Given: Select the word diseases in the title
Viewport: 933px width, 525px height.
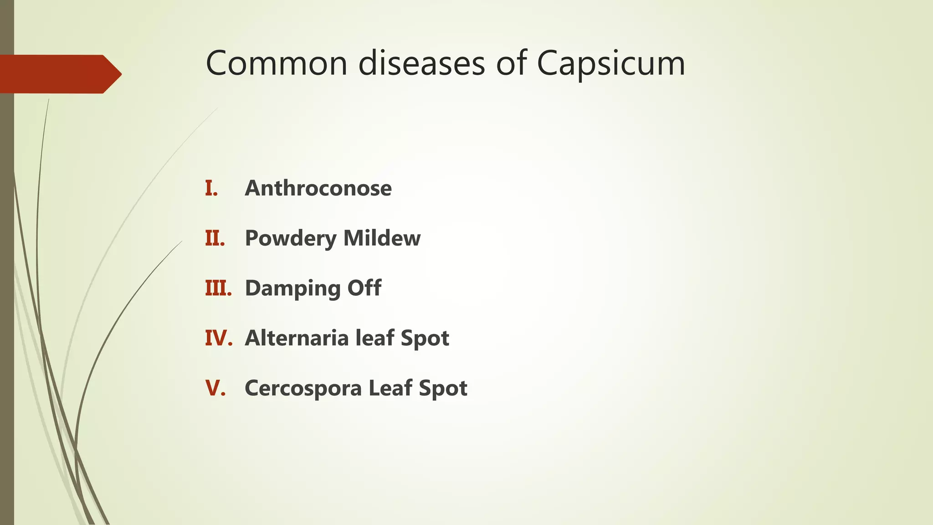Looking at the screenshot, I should [421, 63].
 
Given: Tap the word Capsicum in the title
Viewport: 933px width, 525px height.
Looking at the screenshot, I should [610, 64].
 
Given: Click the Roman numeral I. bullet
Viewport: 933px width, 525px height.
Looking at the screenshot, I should [211, 188].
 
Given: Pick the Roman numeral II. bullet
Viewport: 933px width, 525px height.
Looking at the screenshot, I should [215, 238].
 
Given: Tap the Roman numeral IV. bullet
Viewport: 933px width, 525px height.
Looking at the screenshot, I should [219, 338].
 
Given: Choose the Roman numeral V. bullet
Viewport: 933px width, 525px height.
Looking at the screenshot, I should [215, 388].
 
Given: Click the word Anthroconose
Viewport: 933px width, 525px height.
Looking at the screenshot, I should [318, 188].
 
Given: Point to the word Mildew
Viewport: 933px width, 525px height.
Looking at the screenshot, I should [382, 238].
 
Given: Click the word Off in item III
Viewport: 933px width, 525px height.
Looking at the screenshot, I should [364, 288].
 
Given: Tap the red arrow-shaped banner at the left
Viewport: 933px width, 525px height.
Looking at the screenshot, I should [59, 74].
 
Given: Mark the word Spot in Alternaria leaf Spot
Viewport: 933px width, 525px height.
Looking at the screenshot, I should [425, 339].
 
